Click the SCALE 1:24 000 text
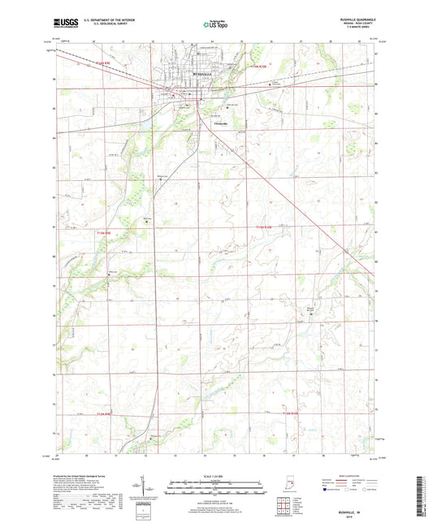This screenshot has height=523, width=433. coord(216,476)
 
